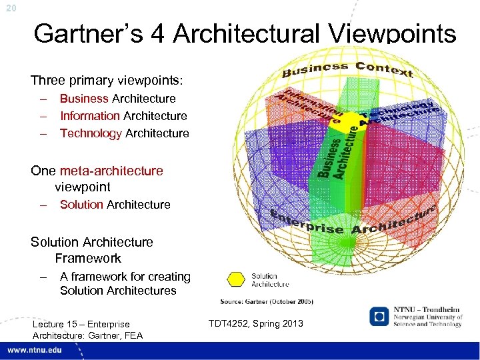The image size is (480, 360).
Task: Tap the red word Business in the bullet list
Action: [x=84, y=99]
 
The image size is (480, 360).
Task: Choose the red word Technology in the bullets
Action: [x=91, y=133]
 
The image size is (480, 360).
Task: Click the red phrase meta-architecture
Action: [x=111, y=171]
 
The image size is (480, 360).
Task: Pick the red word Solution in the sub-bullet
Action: [x=81, y=205]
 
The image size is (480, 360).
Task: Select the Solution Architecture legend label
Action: [x=270, y=279]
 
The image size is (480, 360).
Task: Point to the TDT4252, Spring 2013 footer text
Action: [x=256, y=323]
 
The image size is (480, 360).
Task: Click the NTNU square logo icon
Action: [x=378, y=315]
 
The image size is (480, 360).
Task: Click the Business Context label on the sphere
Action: [x=347, y=69]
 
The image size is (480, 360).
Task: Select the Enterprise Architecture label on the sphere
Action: [x=353, y=221]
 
